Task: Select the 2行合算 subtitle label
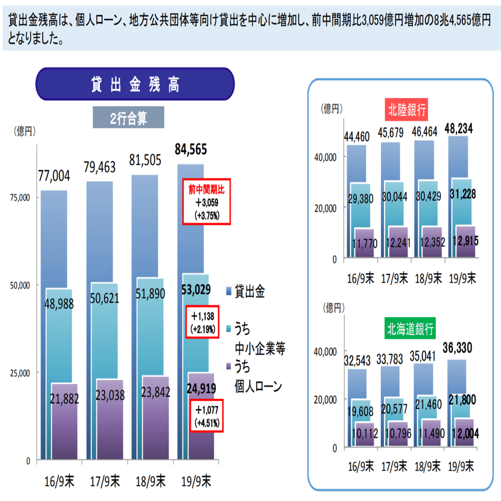tap(128, 118)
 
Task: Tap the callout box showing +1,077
tap(205, 417)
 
